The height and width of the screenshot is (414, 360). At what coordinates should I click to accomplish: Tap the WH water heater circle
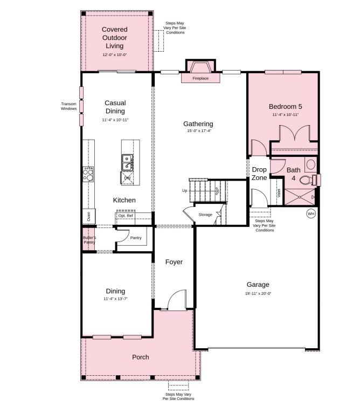[x=311, y=214]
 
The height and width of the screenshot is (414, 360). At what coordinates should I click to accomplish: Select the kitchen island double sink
[x=128, y=160]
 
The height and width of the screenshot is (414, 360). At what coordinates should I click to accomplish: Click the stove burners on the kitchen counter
[x=88, y=174]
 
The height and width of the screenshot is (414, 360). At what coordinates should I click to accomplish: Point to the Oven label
[x=88, y=217]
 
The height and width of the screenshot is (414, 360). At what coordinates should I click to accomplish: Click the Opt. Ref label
[x=126, y=216]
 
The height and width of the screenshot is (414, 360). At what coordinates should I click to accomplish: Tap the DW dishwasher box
[x=127, y=177]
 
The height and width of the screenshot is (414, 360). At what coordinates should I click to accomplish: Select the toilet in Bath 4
[x=308, y=180]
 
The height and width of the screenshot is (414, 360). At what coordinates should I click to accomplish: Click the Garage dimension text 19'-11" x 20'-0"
[x=258, y=294]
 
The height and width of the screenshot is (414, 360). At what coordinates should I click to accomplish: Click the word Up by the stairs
[x=185, y=191]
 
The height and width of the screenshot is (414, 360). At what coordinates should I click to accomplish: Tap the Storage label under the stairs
[x=205, y=215]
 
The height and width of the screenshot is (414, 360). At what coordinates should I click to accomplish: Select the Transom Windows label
[x=68, y=106]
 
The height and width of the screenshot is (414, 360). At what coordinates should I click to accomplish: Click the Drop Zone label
[x=259, y=174]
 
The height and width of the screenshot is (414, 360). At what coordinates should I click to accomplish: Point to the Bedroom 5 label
[x=285, y=106]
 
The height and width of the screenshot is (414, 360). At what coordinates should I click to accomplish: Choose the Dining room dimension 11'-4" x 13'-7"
[x=115, y=299]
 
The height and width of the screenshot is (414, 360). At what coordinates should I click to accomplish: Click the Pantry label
[x=136, y=238]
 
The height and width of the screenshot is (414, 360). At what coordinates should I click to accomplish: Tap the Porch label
[x=141, y=357]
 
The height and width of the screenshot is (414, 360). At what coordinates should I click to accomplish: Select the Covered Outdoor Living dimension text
[x=115, y=55]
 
